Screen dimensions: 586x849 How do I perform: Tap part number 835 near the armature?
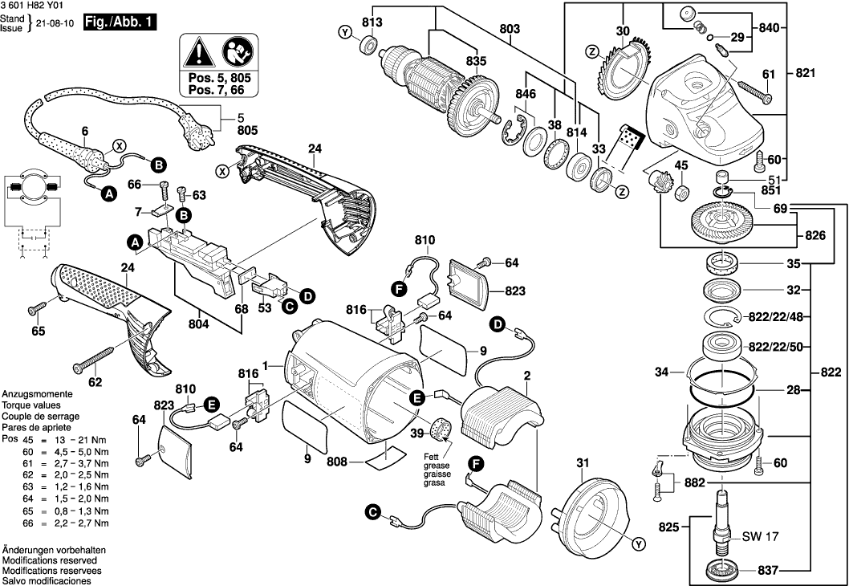click(x=476, y=60)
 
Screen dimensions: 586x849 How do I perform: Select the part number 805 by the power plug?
click(x=249, y=128)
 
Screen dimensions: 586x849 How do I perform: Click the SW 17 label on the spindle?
click(x=758, y=535)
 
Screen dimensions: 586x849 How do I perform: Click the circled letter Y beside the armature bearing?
click(x=345, y=32)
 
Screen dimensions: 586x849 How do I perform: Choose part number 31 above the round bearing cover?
click(x=583, y=462)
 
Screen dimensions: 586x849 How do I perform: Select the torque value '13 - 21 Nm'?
click(x=79, y=441)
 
